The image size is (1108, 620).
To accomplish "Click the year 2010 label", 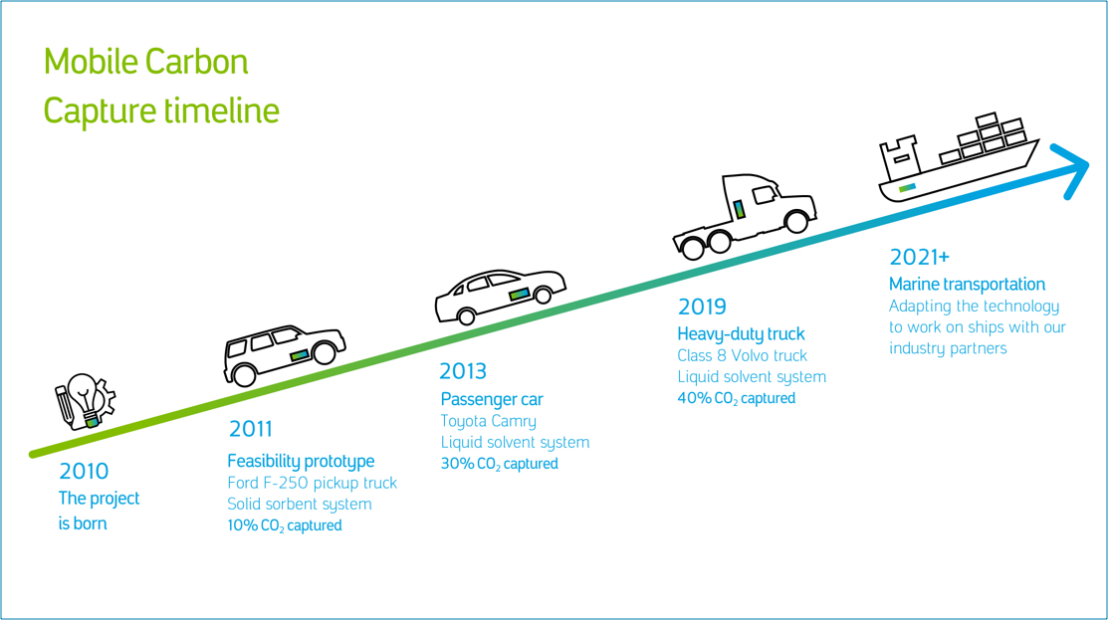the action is click(84, 471).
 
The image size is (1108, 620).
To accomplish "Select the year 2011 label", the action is click(250, 429).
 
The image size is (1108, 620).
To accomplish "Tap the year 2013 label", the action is click(463, 371).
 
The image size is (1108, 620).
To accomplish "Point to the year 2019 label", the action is click(702, 307).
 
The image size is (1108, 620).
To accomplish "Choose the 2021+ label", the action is click(919, 257).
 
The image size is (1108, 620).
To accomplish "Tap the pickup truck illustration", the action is click(284, 355).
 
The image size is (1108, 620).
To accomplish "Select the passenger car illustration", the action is click(501, 297).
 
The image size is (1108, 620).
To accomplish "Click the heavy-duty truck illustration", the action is click(745, 215).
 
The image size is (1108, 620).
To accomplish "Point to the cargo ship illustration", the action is click(959, 159).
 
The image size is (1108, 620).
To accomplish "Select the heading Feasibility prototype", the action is click(301, 461).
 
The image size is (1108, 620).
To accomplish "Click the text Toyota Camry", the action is click(488, 422).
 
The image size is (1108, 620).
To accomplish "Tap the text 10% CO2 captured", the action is click(284, 525).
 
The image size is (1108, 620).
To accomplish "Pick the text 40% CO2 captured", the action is click(737, 398).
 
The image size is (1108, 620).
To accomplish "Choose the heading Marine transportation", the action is click(967, 284).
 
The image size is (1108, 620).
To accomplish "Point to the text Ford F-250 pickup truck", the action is click(313, 483).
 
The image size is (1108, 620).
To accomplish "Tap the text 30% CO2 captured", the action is click(500, 464).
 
